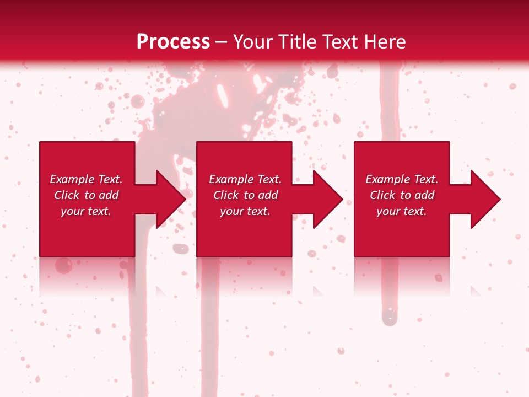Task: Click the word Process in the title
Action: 173,42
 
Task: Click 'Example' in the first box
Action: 72,179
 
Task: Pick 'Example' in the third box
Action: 387,179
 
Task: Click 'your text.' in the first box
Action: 86,211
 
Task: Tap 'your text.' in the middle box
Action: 245,211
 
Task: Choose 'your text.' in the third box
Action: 402,211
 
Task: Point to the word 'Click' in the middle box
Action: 226,195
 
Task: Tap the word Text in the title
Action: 337,42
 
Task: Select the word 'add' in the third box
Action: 424,195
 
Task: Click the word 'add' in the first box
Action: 108,195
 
